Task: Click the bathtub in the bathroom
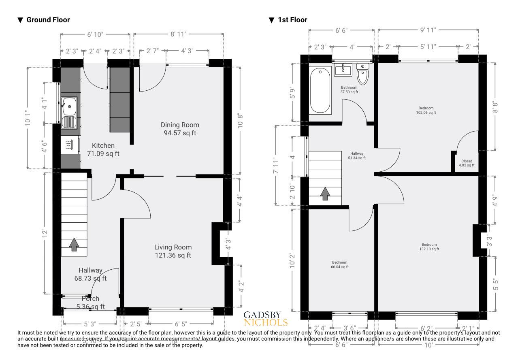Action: tap(320, 90)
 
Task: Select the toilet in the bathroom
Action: tap(363, 74)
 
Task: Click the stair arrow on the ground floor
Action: tap(74, 244)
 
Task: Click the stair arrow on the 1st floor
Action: tap(325, 194)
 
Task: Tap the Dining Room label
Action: tap(180, 129)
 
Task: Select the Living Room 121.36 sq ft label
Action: tap(173, 251)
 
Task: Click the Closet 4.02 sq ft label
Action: tap(467, 163)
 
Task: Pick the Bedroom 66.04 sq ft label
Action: tap(339, 264)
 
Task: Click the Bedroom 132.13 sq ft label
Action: tap(429, 247)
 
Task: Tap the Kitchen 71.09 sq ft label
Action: tap(103, 149)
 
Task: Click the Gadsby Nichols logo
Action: tap(266, 319)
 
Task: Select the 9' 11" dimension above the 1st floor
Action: tap(428, 30)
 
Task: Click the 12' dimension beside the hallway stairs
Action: tap(45, 234)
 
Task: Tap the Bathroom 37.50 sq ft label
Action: tap(349, 89)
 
